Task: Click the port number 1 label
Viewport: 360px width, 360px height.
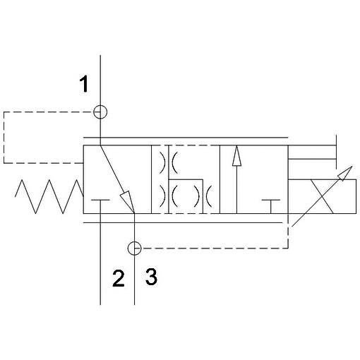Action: tap(84, 84)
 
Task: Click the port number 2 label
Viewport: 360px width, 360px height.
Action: tap(119, 278)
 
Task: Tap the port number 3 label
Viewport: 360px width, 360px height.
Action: tap(151, 277)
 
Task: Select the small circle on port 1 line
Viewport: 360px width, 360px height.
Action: tap(100, 112)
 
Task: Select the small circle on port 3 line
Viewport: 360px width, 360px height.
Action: tap(134, 248)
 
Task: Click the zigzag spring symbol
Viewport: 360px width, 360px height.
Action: tap(49, 196)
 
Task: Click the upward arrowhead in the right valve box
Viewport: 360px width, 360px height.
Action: tap(236, 156)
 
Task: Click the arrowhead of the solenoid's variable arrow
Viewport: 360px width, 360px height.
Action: tap(345, 173)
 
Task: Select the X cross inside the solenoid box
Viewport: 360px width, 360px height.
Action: tap(322, 196)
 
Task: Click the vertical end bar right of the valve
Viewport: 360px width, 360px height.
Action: tap(336, 152)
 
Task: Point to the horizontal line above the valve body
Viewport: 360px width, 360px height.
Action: tap(186, 137)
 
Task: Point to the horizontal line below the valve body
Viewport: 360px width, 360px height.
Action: tap(183, 222)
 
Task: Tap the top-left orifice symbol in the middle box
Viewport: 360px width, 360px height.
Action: tap(163, 163)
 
